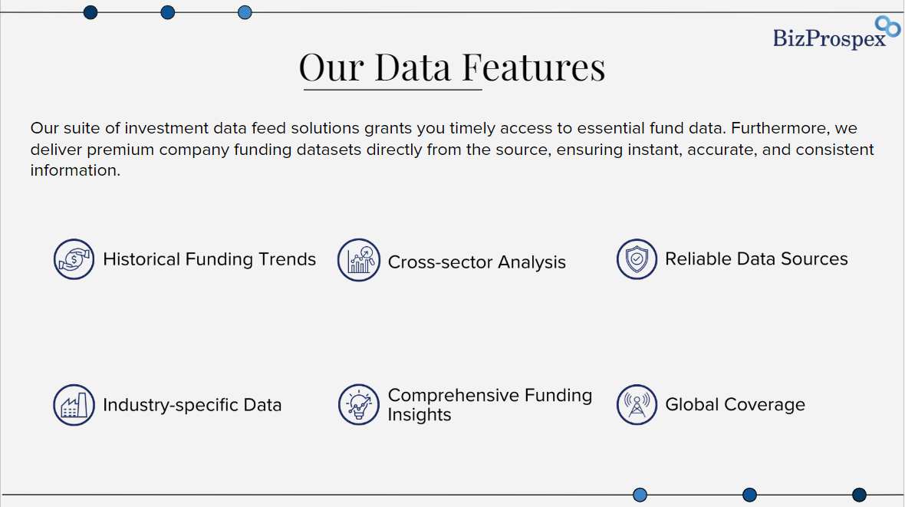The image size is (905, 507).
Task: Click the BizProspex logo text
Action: [x=829, y=38]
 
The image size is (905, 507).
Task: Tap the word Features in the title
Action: [x=534, y=67]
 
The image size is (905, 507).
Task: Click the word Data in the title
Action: [x=413, y=67]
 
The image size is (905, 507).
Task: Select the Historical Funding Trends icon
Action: [x=74, y=259]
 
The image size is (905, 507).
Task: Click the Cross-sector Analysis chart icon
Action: [x=359, y=260]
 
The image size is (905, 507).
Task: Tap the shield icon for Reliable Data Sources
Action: [x=637, y=259]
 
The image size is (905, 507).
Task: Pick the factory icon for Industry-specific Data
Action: [x=74, y=405]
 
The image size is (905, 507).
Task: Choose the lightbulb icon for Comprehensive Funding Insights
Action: [x=359, y=405]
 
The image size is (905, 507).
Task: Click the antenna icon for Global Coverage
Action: [x=637, y=405]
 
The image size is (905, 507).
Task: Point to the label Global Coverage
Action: [x=735, y=405]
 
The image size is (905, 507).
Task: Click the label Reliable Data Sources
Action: [x=756, y=258]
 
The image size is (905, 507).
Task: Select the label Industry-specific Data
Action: [x=193, y=405]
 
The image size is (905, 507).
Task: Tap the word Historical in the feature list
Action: [x=141, y=259]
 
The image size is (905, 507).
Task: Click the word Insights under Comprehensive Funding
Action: [x=419, y=415]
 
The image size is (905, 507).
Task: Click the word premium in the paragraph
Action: [x=120, y=150]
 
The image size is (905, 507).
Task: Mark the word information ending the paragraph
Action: [x=75, y=170]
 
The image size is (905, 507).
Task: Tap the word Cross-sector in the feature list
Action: [x=439, y=262]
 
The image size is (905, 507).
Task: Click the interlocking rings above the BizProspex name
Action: [x=887, y=26]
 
